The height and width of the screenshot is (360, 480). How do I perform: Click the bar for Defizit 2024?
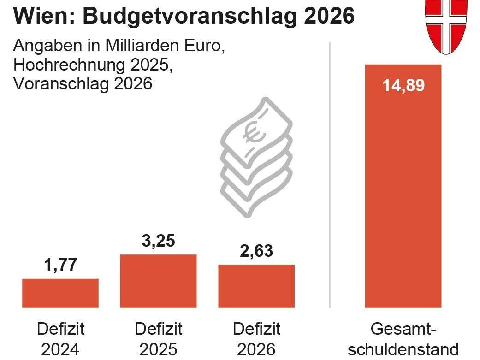[x=60, y=293]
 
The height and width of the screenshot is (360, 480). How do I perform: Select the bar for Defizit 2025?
[x=158, y=281]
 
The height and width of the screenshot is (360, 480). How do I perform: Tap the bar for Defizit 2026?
[x=256, y=286]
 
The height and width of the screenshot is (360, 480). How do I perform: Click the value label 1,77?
[x=60, y=266]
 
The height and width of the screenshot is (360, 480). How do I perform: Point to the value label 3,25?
[x=158, y=241]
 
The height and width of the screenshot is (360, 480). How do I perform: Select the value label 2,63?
[x=256, y=251]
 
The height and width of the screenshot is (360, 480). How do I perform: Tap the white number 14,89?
[x=403, y=86]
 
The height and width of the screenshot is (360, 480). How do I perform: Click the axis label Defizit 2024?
[x=60, y=339]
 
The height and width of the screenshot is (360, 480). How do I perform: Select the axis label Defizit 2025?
[x=158, y=339]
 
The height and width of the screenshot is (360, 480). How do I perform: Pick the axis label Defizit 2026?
[x=256, y=339]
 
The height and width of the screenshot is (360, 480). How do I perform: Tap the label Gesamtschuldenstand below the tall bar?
[x=403, y=339]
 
